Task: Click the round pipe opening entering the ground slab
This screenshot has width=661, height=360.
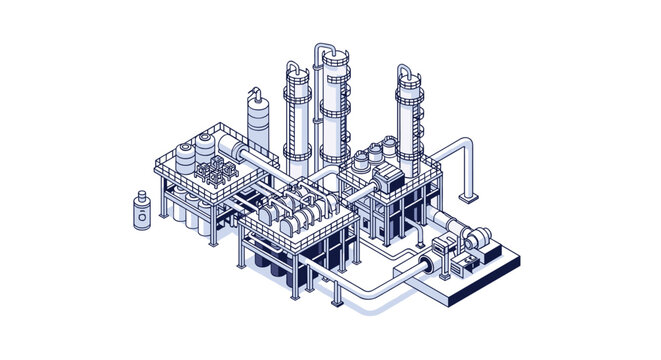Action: click(424, 265)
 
